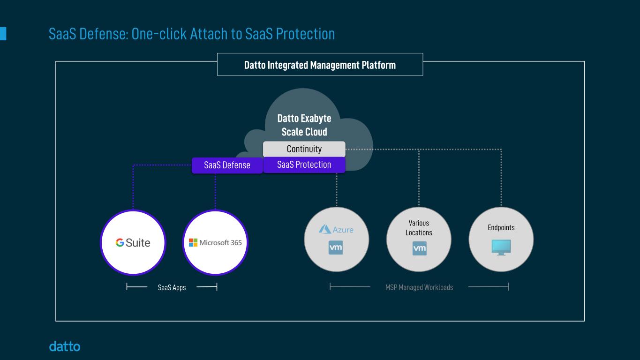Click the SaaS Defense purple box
(227, 165)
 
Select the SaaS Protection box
(304, 165)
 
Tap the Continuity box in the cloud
(304, 149)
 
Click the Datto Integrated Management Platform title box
(320, 65)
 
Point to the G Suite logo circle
(133, 242)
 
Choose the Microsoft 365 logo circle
(215, 242)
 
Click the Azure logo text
(343, 230)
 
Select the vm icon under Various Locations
(419, 248)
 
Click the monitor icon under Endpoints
(501, 247)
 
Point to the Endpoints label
(501, 228)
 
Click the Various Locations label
(419, 228)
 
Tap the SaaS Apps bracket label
(172, 288)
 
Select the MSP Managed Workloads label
(419, 287)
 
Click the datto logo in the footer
(65, 346)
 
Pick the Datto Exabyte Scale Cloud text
(304, 125)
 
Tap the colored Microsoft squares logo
(193, 242)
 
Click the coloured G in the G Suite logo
(120, 242)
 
